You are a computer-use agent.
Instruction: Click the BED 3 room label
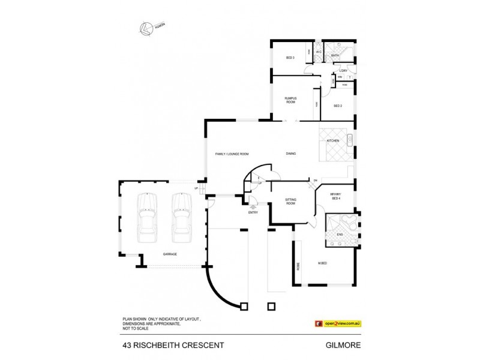(289, 58)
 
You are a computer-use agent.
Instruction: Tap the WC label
(319, 52)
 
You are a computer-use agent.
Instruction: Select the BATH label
(335, 56)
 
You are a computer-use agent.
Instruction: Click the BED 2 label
(337, 106)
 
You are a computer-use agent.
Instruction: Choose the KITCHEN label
(333, 141)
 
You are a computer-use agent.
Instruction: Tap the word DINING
(291, 154)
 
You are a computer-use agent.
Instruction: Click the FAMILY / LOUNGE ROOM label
(232, 154)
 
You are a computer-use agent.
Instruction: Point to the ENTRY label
(253, 212)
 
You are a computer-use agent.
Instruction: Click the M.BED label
(322, 263)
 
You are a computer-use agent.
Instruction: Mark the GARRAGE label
(170, 254)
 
